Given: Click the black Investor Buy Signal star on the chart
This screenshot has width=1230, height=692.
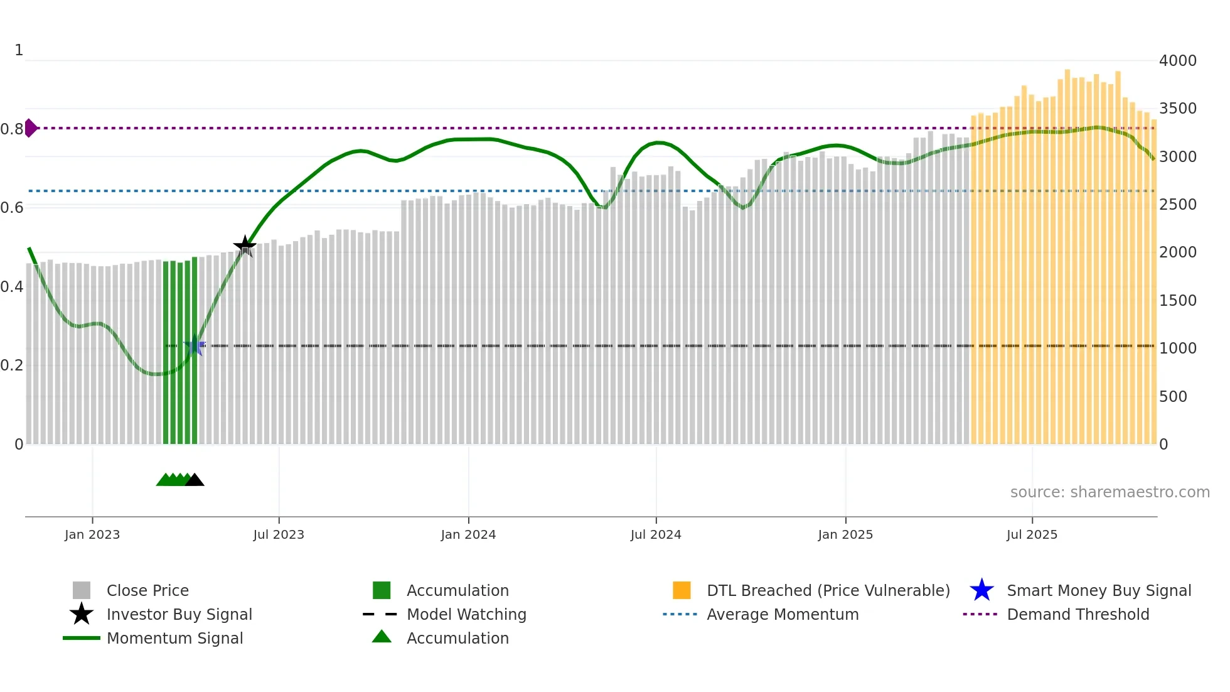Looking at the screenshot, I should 245,246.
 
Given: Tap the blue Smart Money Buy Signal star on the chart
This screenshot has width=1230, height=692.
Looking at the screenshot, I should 195,346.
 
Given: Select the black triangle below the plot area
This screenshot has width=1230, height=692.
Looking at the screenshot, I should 195,480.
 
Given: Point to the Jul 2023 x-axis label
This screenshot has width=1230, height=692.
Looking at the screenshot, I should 279,534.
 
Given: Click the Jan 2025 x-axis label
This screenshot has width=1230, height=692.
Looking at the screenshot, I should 845,534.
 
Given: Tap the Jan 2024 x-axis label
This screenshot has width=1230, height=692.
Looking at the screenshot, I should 468,534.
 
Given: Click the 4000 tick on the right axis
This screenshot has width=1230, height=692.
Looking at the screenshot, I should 1177,61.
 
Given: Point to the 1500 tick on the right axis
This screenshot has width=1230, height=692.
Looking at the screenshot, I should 1177,301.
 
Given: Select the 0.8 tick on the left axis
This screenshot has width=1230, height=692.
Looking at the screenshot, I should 12,129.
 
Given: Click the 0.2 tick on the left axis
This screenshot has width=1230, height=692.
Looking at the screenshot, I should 12,365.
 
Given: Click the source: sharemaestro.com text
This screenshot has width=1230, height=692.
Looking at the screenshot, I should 1110,492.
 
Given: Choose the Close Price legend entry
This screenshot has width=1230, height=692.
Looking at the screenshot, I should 147,591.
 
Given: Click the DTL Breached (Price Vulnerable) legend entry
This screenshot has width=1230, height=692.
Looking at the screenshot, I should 828,591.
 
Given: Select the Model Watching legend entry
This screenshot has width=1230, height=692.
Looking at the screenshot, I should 466,615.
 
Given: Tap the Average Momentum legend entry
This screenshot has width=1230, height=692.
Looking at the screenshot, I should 782,615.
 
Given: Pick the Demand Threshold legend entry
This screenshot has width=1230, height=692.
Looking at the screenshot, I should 1078,615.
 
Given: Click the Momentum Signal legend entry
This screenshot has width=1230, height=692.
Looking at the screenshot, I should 174,639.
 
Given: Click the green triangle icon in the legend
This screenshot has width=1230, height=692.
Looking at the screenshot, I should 382,637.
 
